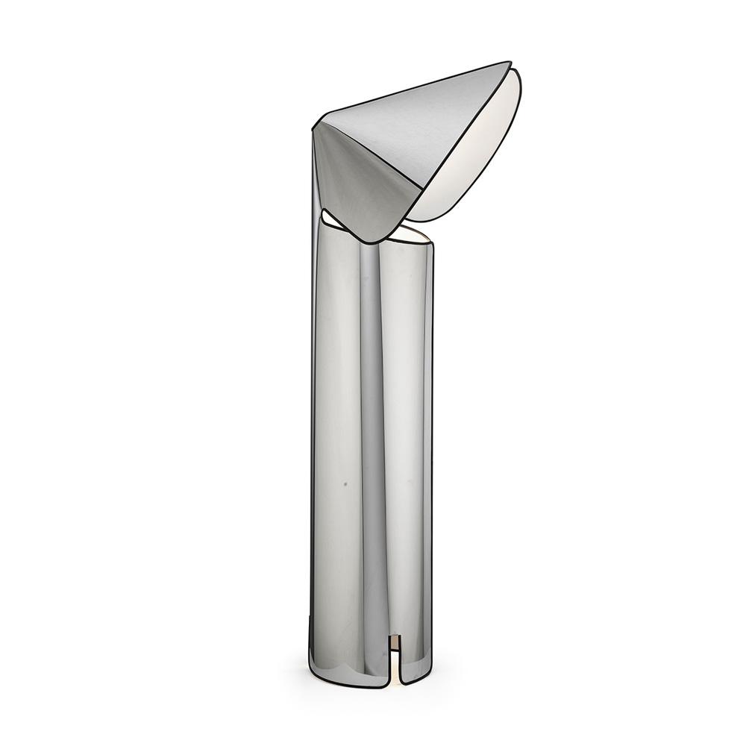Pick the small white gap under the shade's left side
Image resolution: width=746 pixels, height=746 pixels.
[x=330, y=218]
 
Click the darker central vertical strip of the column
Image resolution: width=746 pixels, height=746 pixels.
[x=372, y=448]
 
